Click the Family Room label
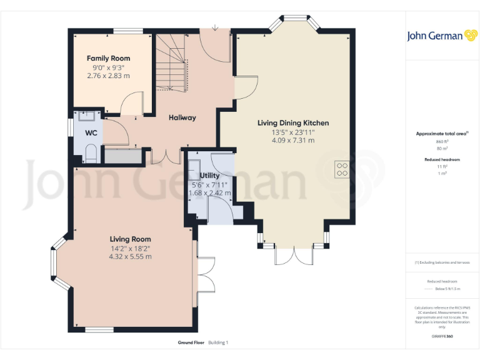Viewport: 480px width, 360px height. (108, 58)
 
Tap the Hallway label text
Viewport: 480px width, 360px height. (182, 117)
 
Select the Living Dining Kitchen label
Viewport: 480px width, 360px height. (292, 123)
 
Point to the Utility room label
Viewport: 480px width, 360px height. (209, 176)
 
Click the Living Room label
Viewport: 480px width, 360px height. (130, 239)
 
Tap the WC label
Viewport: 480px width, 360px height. (91, 132)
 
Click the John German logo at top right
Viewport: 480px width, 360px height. (443, 36)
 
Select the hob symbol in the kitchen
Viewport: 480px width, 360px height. (342, 168)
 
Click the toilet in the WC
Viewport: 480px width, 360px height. (91, 153)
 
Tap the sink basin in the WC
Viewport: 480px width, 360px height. (86, 115)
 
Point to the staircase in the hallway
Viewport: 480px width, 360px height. (172, 62)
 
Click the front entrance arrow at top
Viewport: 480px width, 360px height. (215, 27)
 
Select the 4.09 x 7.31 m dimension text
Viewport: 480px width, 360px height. (292, 141)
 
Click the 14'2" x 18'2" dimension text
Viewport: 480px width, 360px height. (130, 248)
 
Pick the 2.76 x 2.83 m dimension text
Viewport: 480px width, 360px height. (108, 76)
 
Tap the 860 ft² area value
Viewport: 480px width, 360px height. (442, 142)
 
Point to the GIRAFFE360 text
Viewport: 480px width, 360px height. (442, 337)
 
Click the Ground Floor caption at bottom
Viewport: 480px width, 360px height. (191, 342)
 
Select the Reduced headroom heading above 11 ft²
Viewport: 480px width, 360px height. (442, 160)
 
